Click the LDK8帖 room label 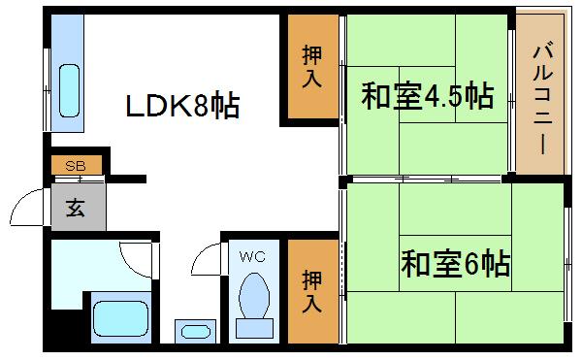point(182,106)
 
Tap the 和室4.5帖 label point(428,97)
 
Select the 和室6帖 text point(455,263)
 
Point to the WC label point(252,257)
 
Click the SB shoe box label point(76,166)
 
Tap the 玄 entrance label point(75,206)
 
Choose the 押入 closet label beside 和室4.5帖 point(310,67)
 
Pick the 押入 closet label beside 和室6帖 point(310,290)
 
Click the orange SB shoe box point(76,166)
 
